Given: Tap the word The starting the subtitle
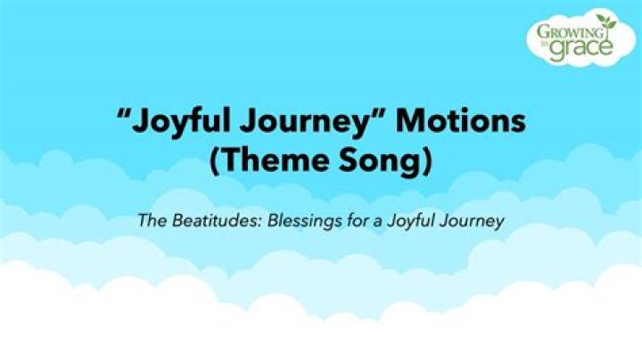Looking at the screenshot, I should pyautogui.click(x=149, y=220).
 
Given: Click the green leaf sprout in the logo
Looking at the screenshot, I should pyautogui.click(x=607, y=22).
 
